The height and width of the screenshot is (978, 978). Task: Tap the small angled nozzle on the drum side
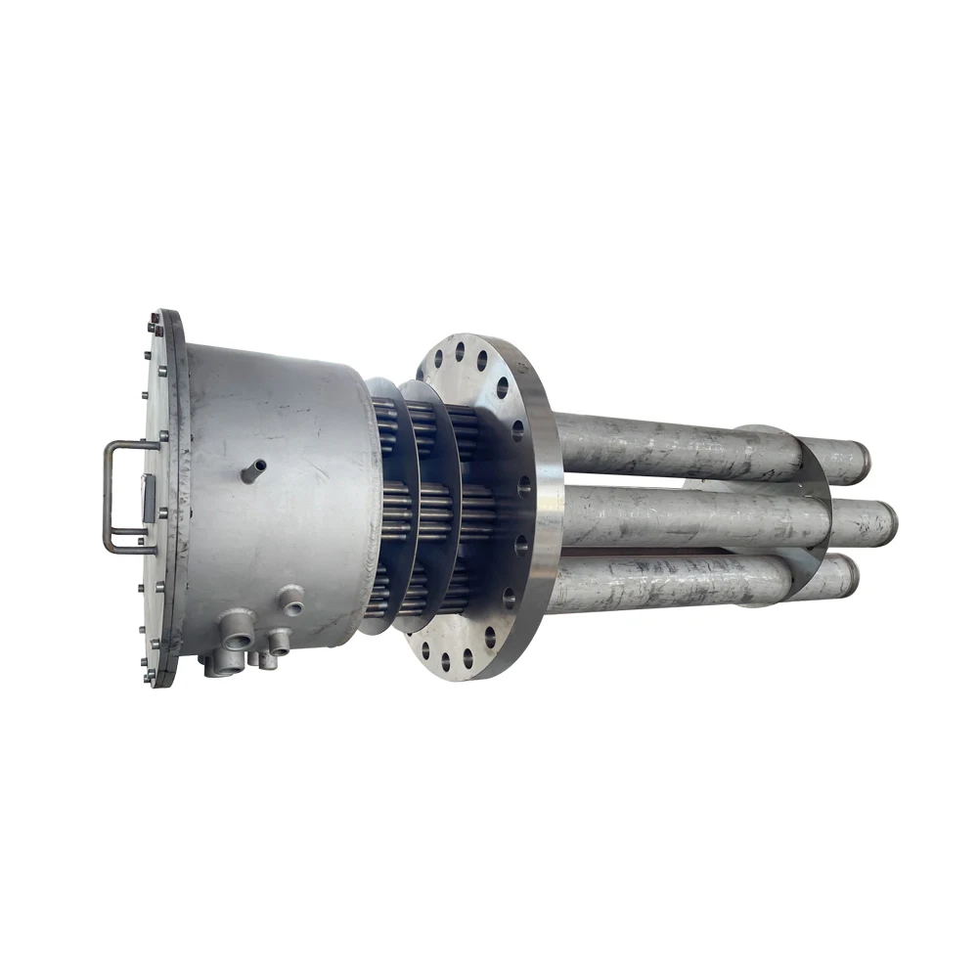pos(253,472)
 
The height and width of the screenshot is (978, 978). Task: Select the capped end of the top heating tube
pos(859,458)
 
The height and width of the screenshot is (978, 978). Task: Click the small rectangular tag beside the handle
pos(148,498)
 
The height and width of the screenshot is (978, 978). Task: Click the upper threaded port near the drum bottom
pos(290,600)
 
